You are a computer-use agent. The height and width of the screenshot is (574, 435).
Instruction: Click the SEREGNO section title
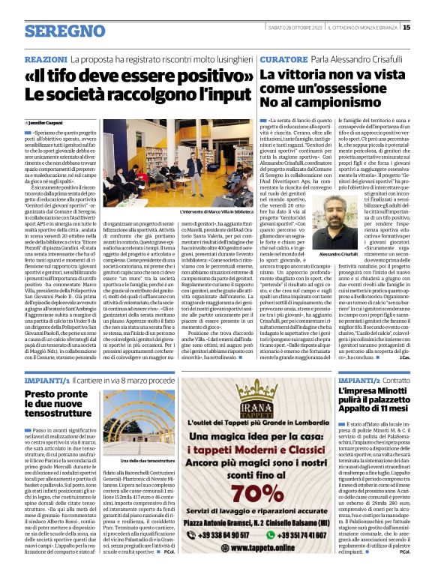(x=64, y=31)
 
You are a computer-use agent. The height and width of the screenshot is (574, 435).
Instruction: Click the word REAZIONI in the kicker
(x=46, y=58)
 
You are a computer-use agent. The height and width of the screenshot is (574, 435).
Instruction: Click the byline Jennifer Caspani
(x=46, y=121)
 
